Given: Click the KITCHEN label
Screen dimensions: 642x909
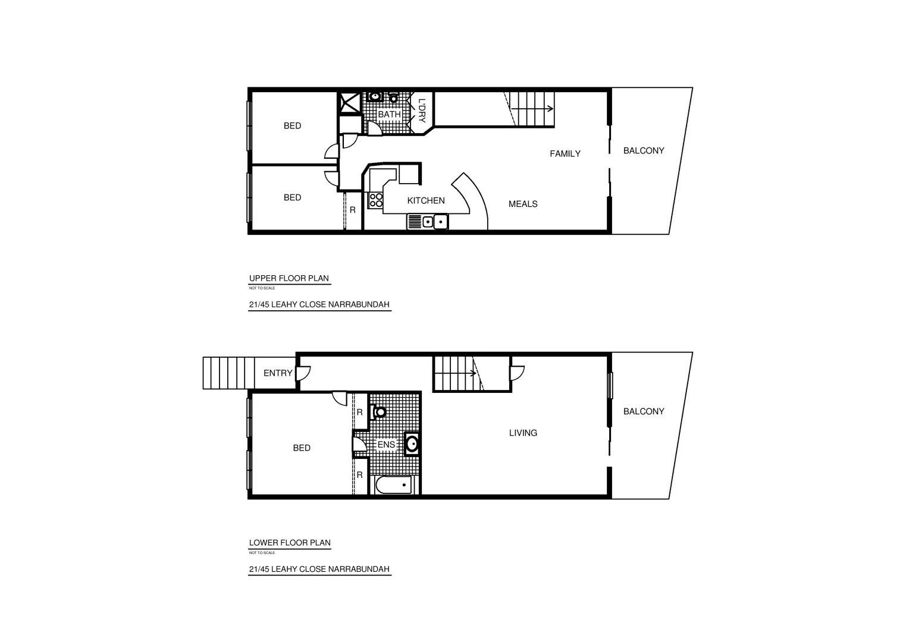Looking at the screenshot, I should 425,201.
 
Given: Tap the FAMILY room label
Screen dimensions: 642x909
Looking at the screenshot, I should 565,154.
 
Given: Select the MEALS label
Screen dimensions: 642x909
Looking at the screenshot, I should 523,204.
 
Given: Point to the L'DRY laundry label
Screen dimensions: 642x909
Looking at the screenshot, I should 422,111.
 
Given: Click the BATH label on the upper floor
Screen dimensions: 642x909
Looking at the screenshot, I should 389,114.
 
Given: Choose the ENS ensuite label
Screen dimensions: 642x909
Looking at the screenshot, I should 386,445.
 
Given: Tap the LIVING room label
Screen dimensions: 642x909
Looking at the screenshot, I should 523,433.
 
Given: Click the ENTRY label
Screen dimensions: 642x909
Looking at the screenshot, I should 278,373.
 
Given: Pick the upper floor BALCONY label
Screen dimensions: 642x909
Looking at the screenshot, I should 644,151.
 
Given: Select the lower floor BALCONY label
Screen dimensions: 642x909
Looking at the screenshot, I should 644,411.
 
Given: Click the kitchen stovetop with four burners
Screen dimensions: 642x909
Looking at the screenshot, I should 375,200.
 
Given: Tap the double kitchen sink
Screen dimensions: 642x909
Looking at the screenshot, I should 428,222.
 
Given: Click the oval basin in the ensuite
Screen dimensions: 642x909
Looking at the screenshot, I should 412,443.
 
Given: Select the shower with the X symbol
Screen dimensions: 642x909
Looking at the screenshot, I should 350,102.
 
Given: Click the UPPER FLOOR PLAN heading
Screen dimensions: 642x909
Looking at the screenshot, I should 289,278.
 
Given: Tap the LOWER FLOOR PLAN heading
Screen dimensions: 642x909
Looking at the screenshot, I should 290,543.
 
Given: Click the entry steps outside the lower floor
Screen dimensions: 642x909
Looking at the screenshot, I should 225,373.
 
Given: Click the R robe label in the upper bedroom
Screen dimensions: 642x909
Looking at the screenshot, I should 352,210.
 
